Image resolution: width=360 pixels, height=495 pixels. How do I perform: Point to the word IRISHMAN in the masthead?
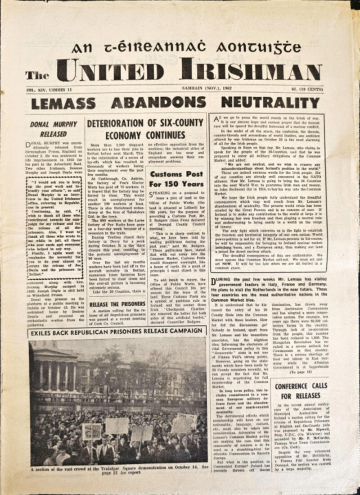pyautogui.click(x=251, y=70)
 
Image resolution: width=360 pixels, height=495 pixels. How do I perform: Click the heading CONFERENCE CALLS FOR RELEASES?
pyautogui.click(x=301, y=391)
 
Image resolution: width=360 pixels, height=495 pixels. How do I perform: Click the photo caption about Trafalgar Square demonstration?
pyautogui.click(x=118, y=471)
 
